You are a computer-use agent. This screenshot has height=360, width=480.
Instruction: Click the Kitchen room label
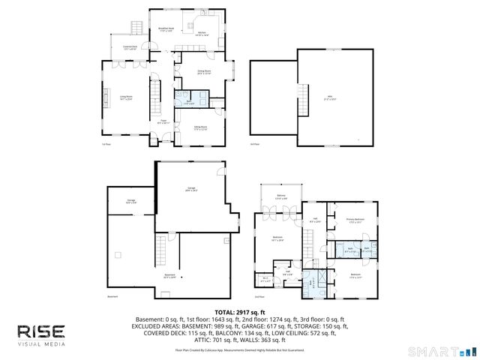pyautogui.click(x=202, y=34)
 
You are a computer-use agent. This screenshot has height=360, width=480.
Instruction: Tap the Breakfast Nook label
pyautogui.click(x=166, y=29)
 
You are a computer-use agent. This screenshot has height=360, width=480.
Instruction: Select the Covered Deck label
pyautogui.click(x=129, y=48)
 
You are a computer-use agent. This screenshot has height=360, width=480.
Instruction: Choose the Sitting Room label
pyautogui.click(x=200, y=128)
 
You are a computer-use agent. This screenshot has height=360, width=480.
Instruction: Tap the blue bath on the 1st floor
pyautogui.click(x=190, y=103)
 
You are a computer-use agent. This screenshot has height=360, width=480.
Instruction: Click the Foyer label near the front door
pyautogui.click(x=162, y=121)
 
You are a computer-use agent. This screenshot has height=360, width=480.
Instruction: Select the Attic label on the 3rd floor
pyautogui.click(x=329, y=97)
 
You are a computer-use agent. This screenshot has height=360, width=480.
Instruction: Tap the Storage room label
pyautogui.click(x=131, y=201)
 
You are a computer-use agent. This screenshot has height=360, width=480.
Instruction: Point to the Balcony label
pyautogui.click(x=281, y=197)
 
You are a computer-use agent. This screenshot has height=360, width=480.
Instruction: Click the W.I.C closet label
pyautogui.click(x=265, y=280)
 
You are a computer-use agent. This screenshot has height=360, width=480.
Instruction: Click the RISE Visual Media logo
pyautogui.click(x=42, y=334)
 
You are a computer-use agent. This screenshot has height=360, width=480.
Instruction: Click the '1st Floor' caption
pyautogui.click(x=106, y=144)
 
